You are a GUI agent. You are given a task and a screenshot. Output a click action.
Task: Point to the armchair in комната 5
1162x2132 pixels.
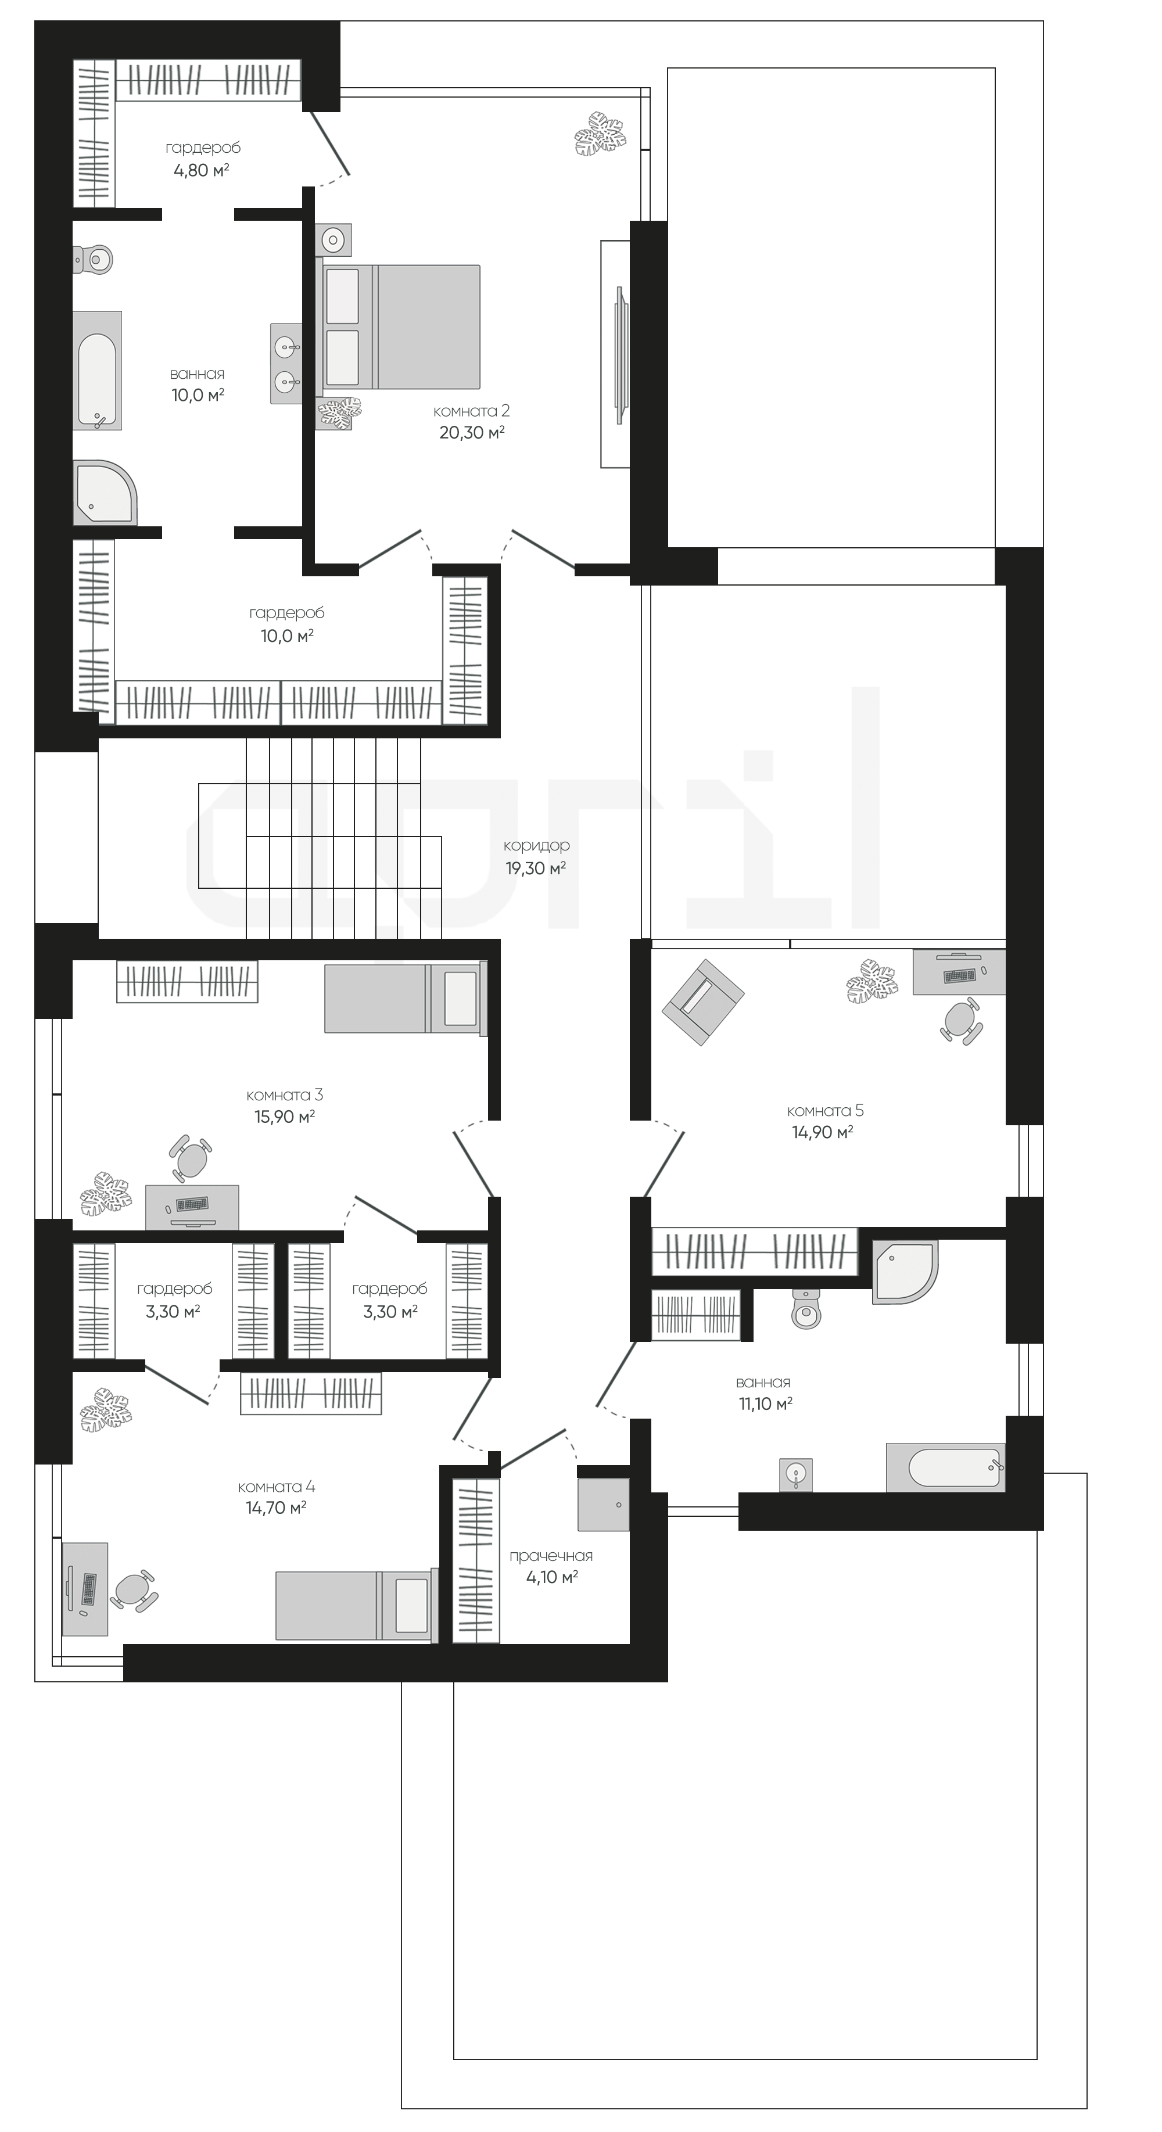click(702, 1002)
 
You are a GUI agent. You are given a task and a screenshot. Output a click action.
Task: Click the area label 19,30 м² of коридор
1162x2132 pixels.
click(536, 868)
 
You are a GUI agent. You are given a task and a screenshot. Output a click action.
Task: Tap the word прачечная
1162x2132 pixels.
click(551, 1556)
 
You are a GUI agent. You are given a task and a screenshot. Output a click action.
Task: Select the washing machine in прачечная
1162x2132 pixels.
click(603, 1504)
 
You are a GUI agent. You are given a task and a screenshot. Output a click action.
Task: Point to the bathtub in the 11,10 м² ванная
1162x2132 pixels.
click(945, 1468)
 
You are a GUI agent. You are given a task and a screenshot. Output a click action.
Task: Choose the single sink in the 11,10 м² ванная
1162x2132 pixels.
click(795, 1475)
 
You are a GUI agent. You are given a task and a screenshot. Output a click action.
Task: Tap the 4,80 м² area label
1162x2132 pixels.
click(201, 170)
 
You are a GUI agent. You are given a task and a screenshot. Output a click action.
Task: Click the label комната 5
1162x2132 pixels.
click(825, 1111)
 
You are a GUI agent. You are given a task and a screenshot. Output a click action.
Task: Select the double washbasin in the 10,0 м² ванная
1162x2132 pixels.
click(285, 363)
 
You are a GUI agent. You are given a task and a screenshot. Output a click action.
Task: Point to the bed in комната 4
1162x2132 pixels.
click(353, 1606)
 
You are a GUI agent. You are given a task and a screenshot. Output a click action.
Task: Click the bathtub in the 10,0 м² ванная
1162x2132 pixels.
click(98, 371)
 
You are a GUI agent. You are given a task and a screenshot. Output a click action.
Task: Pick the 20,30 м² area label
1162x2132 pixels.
click(472, 432)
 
